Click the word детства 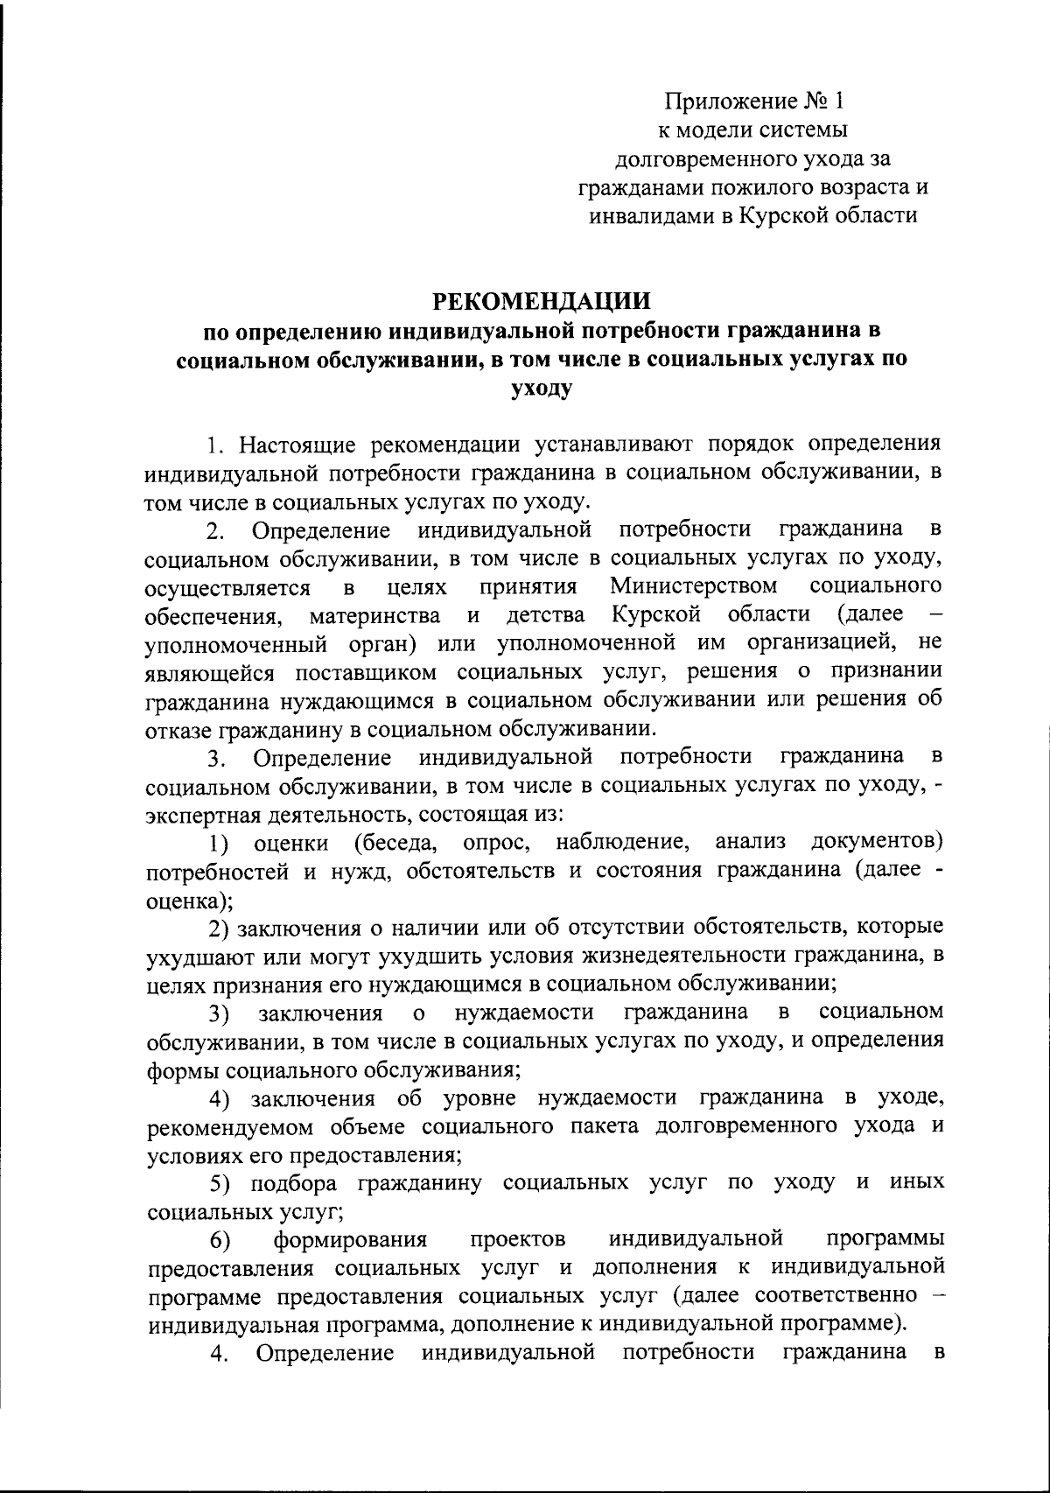pos(546,613)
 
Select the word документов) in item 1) pos(878,842)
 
